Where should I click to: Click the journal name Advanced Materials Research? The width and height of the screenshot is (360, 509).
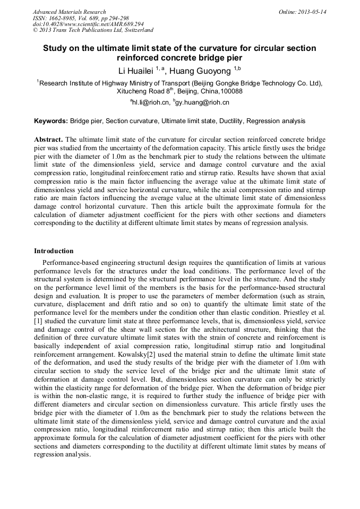pyautogui.click(x=69, y=12)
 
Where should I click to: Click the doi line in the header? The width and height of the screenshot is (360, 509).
pyautogui.click(x=88, y=24)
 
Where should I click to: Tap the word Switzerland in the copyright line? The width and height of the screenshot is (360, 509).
pyautogui.click(x=135, y=31)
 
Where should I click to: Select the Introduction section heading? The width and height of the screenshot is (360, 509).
pyautogui.click(x=54, y=251)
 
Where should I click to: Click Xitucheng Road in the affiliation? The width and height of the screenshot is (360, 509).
pyautogui.click(x=141, y=91)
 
